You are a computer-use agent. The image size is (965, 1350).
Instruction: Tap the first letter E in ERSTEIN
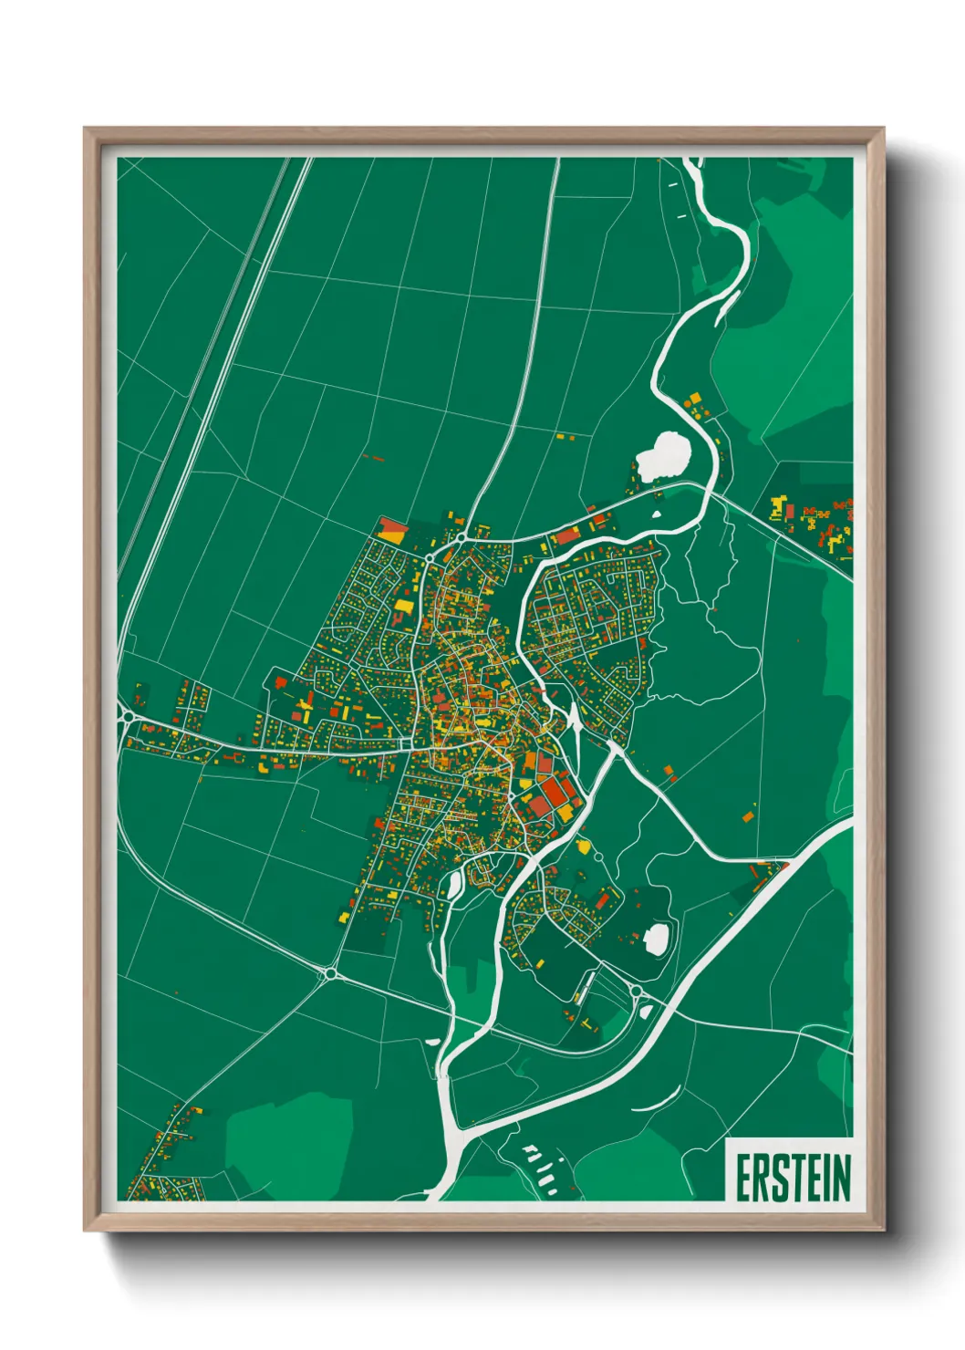point(742,1178)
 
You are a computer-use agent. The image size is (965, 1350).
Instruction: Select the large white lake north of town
point(663,455)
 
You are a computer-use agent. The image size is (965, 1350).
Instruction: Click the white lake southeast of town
point(657,937)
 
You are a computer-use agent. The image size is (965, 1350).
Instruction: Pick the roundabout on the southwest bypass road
point(327,974)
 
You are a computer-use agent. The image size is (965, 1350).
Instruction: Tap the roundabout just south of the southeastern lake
point(636,991)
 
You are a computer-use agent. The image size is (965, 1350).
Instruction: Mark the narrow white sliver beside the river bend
point(574,720)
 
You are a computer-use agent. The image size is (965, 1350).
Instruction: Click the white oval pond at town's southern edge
point(453,884)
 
